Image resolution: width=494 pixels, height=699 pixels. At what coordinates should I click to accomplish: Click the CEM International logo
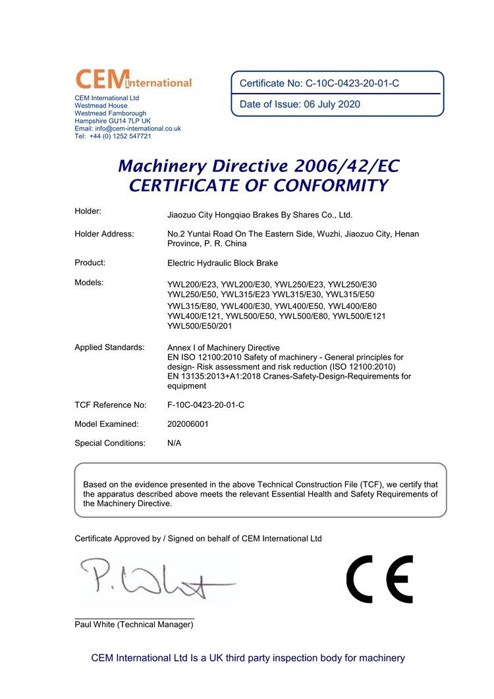pos(134,80)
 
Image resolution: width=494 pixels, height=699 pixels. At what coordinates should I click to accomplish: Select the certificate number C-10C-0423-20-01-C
pos(352,84)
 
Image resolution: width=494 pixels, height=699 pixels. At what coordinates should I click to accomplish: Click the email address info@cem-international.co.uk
pos(128,128)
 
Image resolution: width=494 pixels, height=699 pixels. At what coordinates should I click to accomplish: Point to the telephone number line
pos(113,136)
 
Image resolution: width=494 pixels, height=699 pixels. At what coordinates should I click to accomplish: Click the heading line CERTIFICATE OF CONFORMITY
pos(258,186)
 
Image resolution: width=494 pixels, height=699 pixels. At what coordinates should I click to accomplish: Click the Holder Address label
pos(104,234)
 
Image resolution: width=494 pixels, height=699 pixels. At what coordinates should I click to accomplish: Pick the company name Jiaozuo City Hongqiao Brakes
pos(260,215)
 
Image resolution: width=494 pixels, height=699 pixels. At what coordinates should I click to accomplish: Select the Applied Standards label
pos(109,347)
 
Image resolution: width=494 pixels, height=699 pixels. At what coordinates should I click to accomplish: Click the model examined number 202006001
pos(188,424)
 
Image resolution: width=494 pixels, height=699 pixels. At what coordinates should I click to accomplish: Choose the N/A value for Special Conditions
pos(175,443)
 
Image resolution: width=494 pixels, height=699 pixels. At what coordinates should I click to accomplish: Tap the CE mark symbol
pos(379,579)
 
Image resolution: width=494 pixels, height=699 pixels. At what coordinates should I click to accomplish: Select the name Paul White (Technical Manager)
pos(134,625)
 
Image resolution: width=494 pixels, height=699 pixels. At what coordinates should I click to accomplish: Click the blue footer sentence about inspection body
pos(248,658)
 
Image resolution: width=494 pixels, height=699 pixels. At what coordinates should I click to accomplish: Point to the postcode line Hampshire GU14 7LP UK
pos(113,121)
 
